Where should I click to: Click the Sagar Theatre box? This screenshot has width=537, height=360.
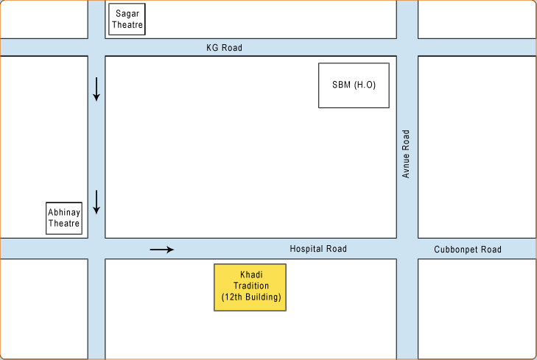click(x=127, y=19)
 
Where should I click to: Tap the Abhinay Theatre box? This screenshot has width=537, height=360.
click(x=64, y=218)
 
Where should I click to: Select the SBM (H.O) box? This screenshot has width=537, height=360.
click(x=354, y=85)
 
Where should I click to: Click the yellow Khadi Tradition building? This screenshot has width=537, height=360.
click(x=250, y=287)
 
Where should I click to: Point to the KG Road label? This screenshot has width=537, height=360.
click(x=224, y=48)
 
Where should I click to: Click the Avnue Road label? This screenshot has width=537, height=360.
click(x=406, y=154)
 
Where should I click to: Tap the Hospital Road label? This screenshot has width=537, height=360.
click(x=317, y=249)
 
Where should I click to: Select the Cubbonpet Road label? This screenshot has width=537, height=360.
click(x=467, y=250)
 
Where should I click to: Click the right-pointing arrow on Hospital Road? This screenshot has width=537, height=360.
click(x=162, y=250)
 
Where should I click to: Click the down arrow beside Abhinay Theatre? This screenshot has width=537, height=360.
click(x=96, y=202)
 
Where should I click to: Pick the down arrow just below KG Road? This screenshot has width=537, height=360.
click(x=96, y=88)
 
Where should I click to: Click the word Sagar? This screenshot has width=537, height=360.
click(x=127, y=13)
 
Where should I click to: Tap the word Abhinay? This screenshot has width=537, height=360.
click(x=64, y=213)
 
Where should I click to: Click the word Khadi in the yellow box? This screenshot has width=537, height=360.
click(x=251, y=275)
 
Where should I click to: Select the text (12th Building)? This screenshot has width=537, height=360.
click(x=251, y=297)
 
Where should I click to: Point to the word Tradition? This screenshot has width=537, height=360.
click(x=251, y=286)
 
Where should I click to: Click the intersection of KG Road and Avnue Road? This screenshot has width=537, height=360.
click(x=407, y=47)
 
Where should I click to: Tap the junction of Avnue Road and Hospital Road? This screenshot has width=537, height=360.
click(x=407, y=249)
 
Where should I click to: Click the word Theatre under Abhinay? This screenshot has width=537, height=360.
click(x=64, y=224)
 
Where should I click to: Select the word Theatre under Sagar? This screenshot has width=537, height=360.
click(x=127, y=25)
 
